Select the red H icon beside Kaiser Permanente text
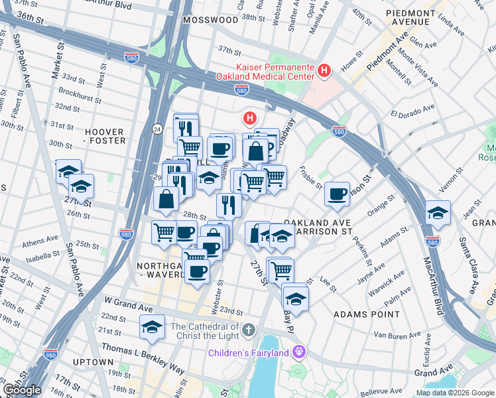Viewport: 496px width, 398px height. [x=324, y=70]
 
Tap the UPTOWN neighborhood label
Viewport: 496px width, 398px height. [x=93, y=362]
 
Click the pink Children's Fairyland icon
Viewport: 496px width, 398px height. [x=299, y=350]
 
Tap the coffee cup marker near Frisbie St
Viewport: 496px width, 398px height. [x=338, y=193]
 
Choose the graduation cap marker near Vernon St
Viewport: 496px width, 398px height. [x=437, y=213]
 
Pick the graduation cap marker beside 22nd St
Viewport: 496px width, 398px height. [x=152, y=327]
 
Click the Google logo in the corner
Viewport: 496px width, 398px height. [x=22, y=390]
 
